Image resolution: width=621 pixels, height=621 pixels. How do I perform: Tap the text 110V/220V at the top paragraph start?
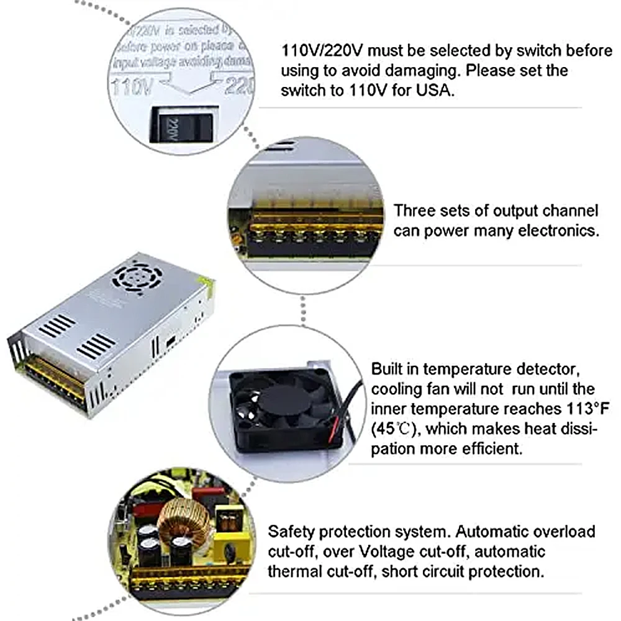point(323,50)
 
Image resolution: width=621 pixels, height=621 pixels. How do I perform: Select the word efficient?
point(489,448)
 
